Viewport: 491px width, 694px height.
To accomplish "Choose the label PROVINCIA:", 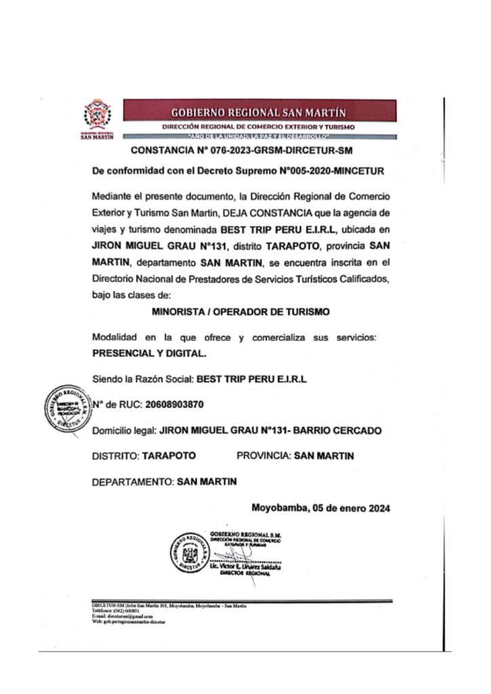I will click(x=264, y=456).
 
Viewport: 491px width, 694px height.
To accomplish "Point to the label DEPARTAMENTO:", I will click(x=132, y=482).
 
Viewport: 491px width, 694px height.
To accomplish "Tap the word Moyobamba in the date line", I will click(x=279, y=508).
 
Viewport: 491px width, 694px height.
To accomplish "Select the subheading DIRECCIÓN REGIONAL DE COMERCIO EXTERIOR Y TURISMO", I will click(x=260, y=127).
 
